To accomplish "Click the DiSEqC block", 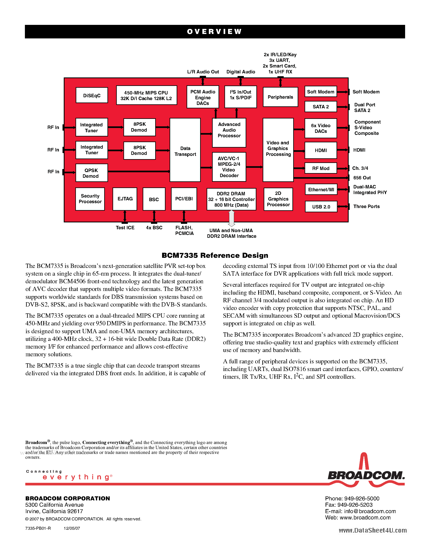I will click(x=92, y=95).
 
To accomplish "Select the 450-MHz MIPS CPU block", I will click(x=147, y=95).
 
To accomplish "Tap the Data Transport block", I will click(x=185, y=150).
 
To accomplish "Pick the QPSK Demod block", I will click(x=91, y=173).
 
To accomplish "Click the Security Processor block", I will click(x=90, y=199).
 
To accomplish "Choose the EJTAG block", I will click(x=125, y=199).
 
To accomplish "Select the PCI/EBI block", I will click(x=184, y=199).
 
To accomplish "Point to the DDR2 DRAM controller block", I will click(x=231, y=199).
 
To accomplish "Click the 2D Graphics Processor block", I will click(x=278, y=199).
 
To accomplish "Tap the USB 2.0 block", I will click(x=321, y=206).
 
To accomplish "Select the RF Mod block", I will click(x=321, y=168).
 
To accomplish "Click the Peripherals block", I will click(x=280, y=97).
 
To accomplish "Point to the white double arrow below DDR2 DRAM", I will click(x=231, y=218).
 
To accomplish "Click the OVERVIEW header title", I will click(x=214, y=32).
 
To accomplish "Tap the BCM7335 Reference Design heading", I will click(x=215, y=255).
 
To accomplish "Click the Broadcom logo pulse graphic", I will click(x=364, y=462).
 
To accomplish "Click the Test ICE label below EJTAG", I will click(x=125, y=228).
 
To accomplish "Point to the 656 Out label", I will click(x=362, y=178).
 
